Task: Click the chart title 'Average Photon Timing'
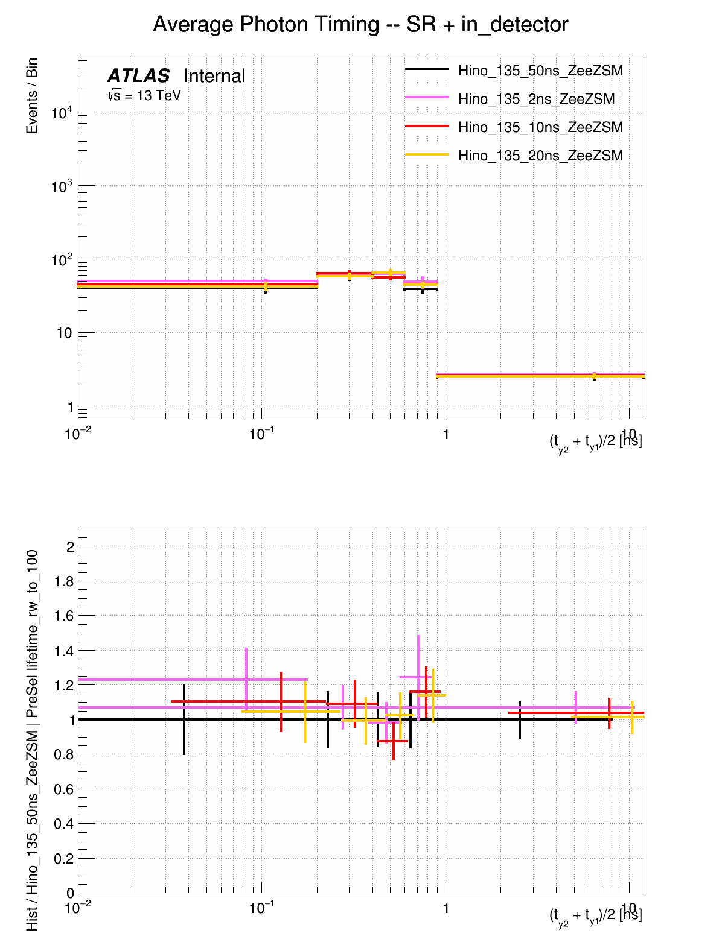360,25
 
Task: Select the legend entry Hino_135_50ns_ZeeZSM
540,71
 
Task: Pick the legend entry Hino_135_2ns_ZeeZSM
536,100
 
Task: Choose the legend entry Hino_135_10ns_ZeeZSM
540,128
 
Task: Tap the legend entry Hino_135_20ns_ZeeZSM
540,156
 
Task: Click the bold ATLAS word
138,76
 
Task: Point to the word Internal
214,76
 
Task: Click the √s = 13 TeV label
144,96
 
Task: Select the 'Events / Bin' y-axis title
32,96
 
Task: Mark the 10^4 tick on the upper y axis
62,113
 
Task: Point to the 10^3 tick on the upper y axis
62,186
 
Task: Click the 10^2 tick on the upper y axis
62,260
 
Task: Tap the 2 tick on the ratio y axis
70,547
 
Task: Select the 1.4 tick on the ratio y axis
64,651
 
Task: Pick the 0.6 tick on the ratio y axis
64,789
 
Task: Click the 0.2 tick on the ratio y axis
64,859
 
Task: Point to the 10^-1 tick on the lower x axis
261,908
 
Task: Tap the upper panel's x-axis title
595,442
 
